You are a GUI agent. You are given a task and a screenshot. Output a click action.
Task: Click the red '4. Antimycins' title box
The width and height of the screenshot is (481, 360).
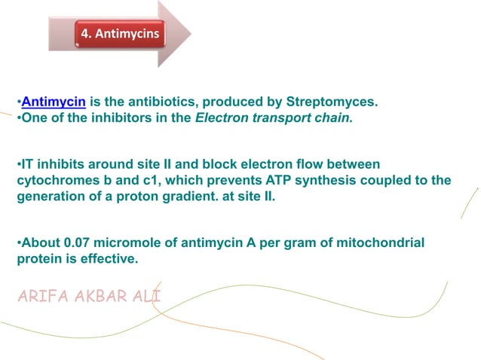click(x=121, y=34)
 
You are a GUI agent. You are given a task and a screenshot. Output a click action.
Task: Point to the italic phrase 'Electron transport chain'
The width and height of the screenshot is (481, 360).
click(x=286, y=117)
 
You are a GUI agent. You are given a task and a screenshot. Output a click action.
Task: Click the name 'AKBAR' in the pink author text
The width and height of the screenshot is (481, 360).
click(x=101, y=294)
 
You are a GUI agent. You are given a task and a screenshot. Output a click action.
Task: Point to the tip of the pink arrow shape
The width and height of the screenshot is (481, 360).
click(x=190, y=34)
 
